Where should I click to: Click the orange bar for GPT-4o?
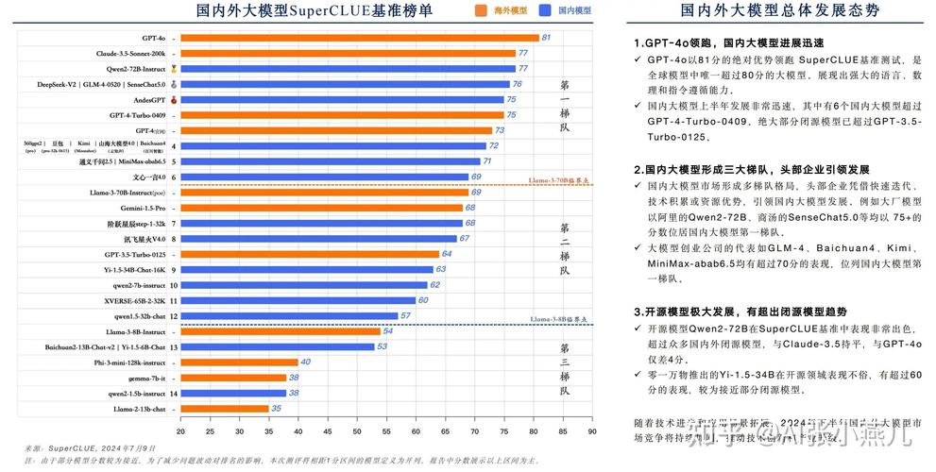point(359,38)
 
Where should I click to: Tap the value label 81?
point(545,38)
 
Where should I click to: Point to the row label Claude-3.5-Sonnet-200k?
point(130,54)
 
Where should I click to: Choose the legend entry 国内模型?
point(572,10)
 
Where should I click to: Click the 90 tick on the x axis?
point(591,430)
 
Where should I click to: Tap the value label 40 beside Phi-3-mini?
point(306,362)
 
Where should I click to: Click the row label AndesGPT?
point(149,99)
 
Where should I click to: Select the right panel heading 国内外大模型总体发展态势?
point(779,10)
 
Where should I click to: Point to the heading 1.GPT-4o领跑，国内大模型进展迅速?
point(728,43)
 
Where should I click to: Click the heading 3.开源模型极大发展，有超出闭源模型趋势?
point(740,312)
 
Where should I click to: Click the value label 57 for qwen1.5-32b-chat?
point(405,316)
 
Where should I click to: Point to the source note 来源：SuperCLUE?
point(90,447)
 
